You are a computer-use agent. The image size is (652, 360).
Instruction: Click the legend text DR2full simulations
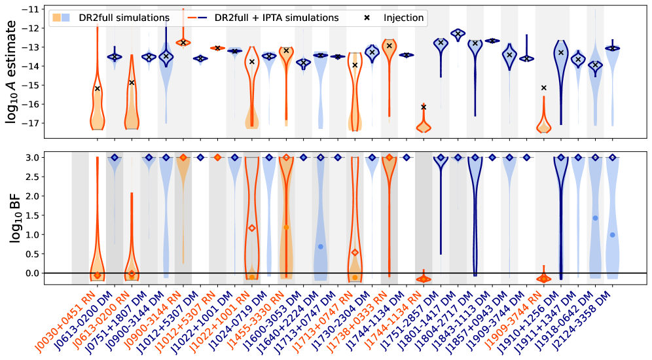click(x=127, y=18)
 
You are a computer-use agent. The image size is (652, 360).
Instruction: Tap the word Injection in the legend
click(x=403, y=18)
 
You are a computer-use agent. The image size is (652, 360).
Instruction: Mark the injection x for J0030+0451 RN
click(x=97, y=88)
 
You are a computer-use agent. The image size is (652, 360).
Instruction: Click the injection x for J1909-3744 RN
click(x=544, y=88)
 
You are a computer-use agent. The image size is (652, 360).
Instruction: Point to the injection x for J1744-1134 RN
click(x=424, y=107)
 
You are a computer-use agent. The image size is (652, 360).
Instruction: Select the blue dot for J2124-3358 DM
click(x=613, y=235)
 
